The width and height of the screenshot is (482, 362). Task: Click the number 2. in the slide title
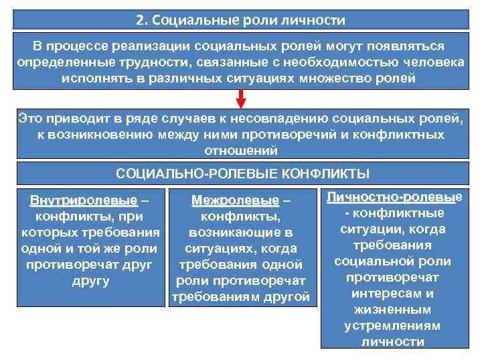point(141,19)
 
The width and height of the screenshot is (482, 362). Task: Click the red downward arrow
point(241,98)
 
